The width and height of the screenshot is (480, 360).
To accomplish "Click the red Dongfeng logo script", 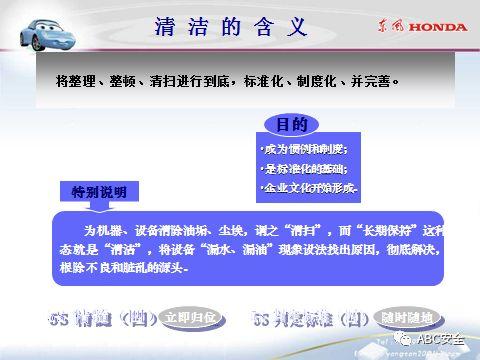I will coord(391,26).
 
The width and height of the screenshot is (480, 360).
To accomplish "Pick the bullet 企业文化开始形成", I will coord(307,188).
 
